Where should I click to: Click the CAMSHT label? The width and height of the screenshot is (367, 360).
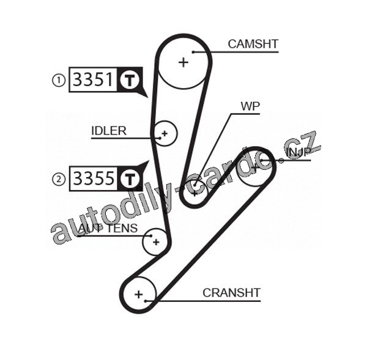point(253,44)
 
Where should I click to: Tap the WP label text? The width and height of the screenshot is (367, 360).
point(250,106)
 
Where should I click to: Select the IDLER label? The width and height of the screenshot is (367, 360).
point(109,131)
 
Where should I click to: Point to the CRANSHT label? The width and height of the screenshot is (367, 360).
point(231,293)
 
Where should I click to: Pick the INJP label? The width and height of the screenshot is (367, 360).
point(298,152)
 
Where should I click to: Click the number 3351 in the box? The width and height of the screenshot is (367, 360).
point(93,79)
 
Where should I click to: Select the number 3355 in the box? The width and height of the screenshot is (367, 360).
point(93,178)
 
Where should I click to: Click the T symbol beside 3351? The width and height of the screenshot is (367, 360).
point(130,79)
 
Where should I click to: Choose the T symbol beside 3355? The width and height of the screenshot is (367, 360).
point(129,178)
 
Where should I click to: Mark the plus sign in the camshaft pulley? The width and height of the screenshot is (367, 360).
point(183,61)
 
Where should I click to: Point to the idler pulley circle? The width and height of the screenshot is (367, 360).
point(164,133)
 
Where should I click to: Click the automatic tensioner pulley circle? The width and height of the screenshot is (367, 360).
point(155,241)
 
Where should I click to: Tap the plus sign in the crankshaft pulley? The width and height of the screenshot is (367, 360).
point(139,295)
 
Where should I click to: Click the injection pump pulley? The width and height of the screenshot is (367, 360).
point(253,167)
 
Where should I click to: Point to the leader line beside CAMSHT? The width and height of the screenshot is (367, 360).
point(245,52)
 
